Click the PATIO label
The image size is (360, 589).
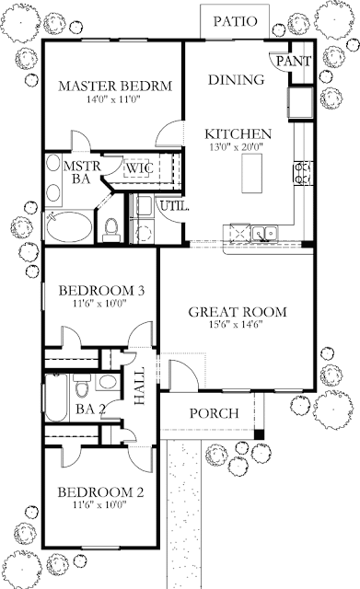pos(235,21)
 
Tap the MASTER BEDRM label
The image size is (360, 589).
pos(115,86)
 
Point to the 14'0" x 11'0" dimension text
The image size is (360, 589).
pos(114,99)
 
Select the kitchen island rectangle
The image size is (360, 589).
pos(251,174)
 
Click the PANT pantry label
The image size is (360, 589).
pos(294,61)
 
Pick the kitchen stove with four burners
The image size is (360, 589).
pos(303,173)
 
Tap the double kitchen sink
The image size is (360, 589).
pos(265,233)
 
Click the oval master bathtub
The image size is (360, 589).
pos(69,227)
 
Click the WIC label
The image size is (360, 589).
pos(139,167)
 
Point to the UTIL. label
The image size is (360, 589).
pos(174,206)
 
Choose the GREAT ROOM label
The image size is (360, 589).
pos(238,312)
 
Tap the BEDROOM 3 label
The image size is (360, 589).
pos(101,291)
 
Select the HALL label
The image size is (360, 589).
pos(139,386)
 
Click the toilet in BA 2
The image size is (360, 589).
pos(82,386)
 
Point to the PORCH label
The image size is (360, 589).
pos(214,413)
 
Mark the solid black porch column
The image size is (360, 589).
pos(259,433)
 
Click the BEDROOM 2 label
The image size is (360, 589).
pos(100,492)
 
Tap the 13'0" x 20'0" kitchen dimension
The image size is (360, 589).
pos(236,146)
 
